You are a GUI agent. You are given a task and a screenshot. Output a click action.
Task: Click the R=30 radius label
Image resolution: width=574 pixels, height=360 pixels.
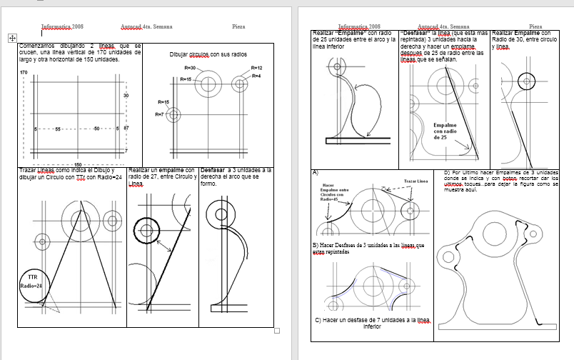pyautogui.click(x=190, y=67)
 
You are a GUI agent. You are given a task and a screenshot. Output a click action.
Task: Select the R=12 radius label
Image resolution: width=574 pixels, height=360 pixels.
pyautogui.click(x=257, y=68)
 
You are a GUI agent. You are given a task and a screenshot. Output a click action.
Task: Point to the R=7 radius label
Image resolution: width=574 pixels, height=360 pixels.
pyautogui.click(x=161, y=114)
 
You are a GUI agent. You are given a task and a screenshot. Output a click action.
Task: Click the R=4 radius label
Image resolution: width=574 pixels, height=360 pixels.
pyautogui.click(x=256, y=76)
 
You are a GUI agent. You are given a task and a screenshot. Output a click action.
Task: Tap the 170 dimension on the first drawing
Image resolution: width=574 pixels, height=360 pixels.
pyautogui.click(x=24, y=73)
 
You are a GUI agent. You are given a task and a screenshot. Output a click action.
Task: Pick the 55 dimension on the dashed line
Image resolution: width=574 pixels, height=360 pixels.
pyautogui.click(x=58, y=129)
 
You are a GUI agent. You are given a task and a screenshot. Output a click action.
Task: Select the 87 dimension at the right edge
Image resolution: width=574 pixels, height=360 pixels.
pyautogui.click(x=126, y=128)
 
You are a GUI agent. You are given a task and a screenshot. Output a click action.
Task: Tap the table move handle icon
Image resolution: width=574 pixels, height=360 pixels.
pyautogui.click(x=11, y=36)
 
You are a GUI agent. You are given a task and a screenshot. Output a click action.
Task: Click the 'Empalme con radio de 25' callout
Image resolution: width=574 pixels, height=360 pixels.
pyautogui.click(x=445, y=131)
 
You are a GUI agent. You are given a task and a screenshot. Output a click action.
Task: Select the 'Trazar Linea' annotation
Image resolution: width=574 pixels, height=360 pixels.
pyautogui.click(x=416, y=181)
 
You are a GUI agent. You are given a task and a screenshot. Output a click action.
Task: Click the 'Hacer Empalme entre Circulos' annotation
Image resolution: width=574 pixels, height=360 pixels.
pyautogui.click(x=329, y=193)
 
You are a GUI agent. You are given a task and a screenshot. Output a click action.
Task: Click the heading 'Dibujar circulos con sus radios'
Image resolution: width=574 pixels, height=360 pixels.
pyautogui.click(x=208, y=54)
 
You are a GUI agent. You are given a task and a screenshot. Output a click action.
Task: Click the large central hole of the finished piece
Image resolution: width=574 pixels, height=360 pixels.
pyautogui.click(x=493, y=234)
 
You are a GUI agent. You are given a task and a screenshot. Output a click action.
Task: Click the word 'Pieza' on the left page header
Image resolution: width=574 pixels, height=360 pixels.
pyautogui.click(x=238, y=26)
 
